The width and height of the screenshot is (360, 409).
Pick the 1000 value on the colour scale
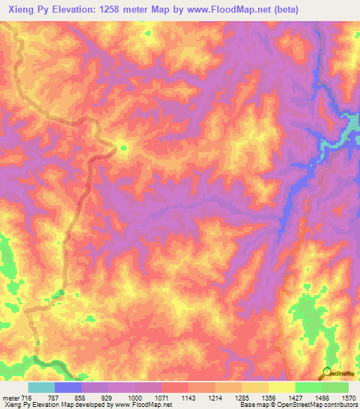(x=135, y=397)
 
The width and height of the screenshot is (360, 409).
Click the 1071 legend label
(x=162, y=397)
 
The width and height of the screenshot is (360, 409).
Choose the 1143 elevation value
(x=188, y=397)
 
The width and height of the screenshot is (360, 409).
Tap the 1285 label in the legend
(x=242, y=397)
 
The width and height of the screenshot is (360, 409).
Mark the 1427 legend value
(x=295, y=397)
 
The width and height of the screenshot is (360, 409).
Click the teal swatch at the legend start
(x=41, y=387)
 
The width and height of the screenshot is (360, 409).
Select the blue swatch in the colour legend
(x=68, y=387)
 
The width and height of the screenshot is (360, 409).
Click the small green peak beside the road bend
(x=123, y=148)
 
